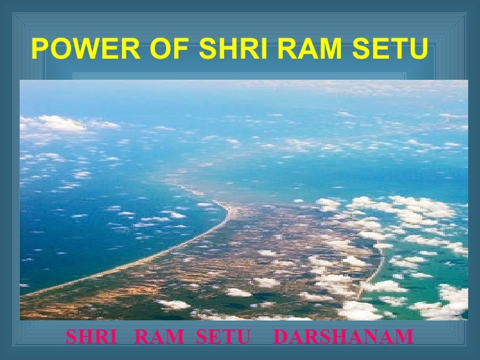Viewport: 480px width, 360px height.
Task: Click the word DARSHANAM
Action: (x=342, y=339)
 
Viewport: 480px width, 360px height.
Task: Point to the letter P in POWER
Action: (x=39, y=48)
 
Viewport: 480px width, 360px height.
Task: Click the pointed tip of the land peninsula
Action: (x=228, y=205)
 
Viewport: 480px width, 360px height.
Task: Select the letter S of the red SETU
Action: (x=204, y=339)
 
